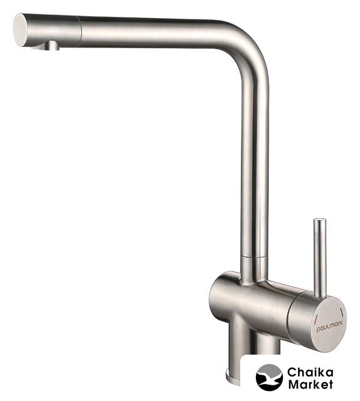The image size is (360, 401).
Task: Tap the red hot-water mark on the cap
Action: pyautogui.click(x=316, y=318)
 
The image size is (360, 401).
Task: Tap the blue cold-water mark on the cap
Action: pyautogui.click(x=342, y=311)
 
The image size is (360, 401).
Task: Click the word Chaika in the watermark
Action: pyautogui.click(x=310, y=372)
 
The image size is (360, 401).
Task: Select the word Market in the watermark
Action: pyautogui.click(x=310, y=384)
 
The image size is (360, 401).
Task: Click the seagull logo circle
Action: pyautogui.click(x=269, y=377)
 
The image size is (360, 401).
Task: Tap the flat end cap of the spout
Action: pyautogui.click(x=20, y=30)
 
